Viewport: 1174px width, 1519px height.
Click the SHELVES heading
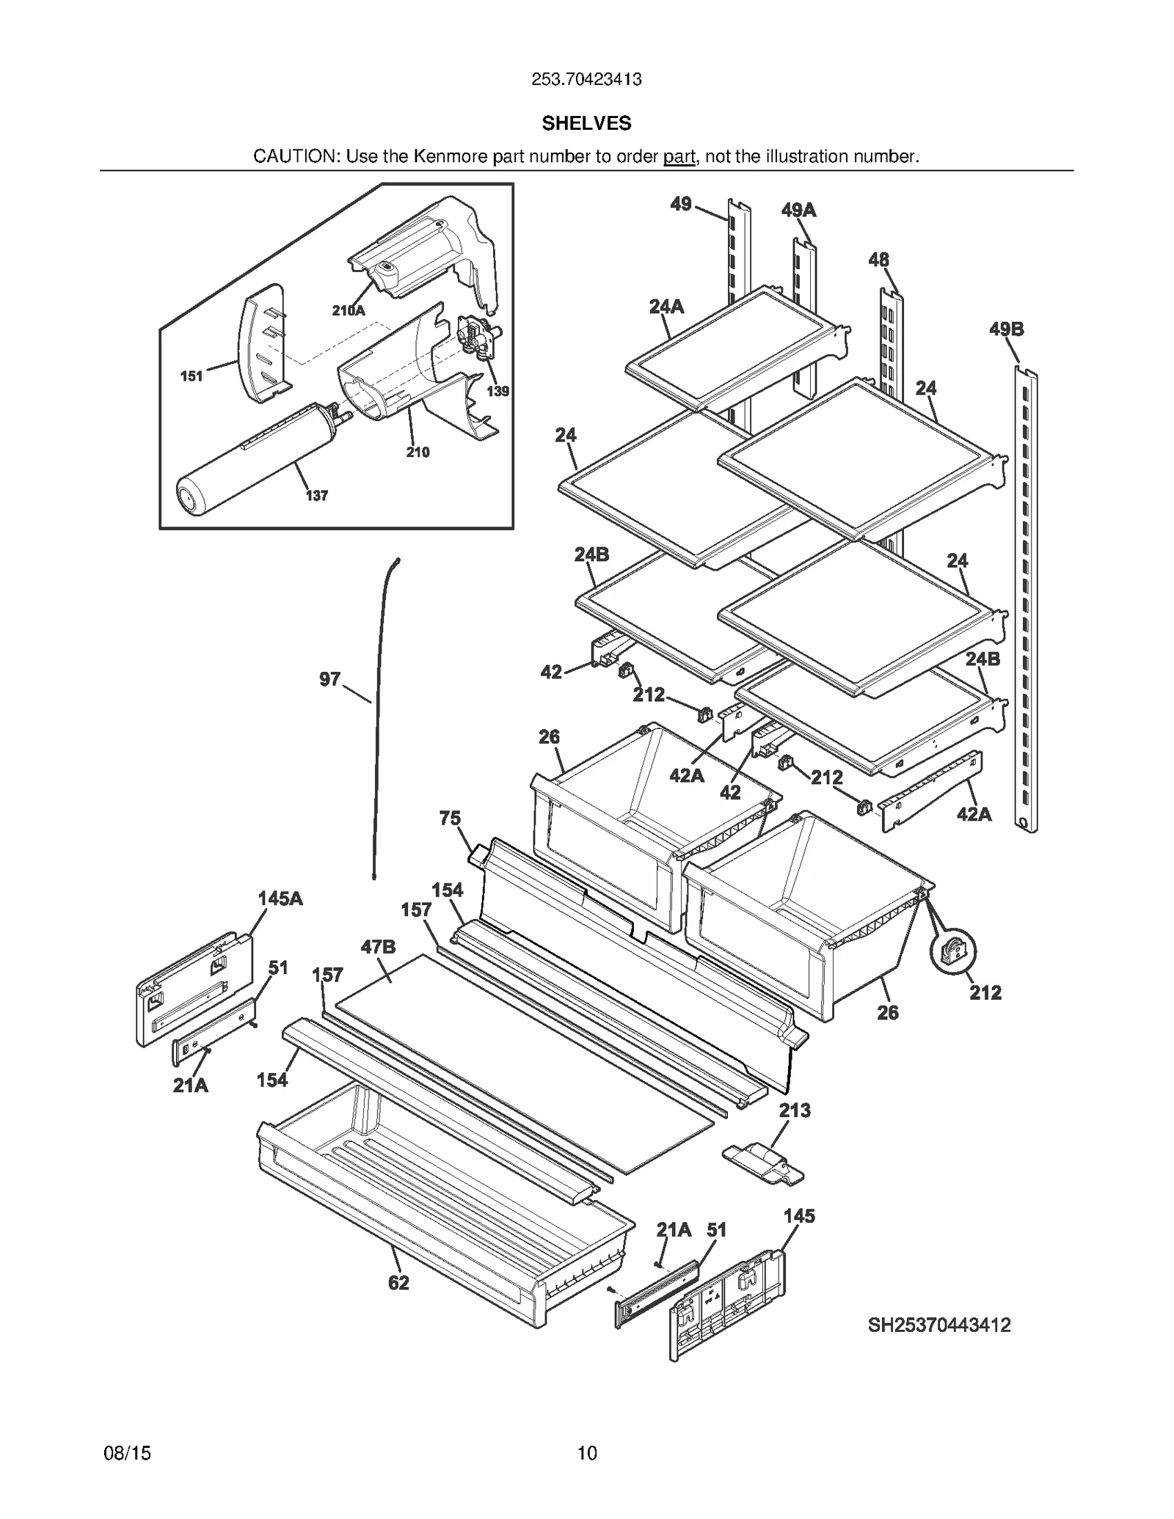click(x=586, y=123)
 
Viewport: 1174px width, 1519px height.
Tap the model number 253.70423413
click(x=586, y=79)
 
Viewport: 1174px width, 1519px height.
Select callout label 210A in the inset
click(x=348, y=310)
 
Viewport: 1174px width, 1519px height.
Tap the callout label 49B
click(x=1006, y=329)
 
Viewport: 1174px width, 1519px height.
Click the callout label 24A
click(x=666, y=307)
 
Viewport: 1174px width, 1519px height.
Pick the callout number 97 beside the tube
click(x=329, y=679)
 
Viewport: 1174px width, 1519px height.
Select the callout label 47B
click(x=378, y=947)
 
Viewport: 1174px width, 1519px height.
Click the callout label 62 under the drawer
click(x=398, y=1283)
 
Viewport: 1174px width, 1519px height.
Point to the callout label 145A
click(x=280, y=898)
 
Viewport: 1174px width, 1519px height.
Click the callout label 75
click(x=450, y=818)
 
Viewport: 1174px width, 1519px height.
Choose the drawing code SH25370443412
click(x=939, y=1325)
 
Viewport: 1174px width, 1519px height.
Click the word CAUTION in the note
click(x=296, y=156)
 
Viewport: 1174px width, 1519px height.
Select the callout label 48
click(x=878, y=260)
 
